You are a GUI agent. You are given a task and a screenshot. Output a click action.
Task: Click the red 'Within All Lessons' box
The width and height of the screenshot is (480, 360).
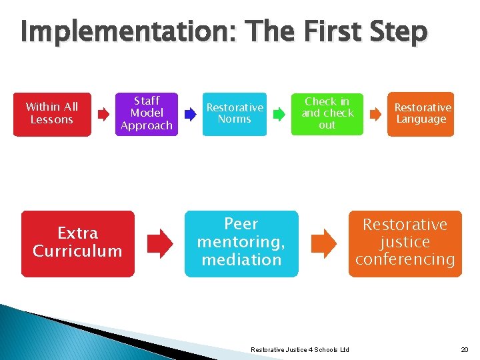52,114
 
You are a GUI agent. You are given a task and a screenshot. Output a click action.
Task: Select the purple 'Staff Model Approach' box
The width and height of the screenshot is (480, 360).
147,113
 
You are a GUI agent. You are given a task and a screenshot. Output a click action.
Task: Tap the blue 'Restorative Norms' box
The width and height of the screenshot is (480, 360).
234,114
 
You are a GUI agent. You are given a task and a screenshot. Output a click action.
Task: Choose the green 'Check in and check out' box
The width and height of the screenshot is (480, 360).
327,114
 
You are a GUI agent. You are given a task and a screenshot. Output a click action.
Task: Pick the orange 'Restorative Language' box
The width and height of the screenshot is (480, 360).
421,114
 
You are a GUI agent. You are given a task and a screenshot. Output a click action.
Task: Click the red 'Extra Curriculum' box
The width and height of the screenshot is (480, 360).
77,243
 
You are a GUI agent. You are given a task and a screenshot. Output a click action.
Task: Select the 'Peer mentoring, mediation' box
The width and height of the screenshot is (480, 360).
241,243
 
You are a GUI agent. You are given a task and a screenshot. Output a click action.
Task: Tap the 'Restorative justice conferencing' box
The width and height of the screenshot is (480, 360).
405,243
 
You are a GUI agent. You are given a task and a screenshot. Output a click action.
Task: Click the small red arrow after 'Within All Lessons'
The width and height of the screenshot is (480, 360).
103,115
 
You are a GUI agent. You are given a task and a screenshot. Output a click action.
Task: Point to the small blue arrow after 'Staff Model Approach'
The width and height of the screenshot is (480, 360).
190,115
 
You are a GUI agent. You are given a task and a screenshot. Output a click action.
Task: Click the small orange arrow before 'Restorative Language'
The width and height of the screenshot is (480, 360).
375,115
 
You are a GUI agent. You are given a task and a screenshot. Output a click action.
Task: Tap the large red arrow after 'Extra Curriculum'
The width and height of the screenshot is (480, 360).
159,243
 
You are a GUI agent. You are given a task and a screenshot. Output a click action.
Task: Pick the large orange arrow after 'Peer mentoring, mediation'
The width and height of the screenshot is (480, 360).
325,243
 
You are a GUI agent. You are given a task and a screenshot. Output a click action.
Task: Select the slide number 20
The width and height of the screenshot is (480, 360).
464,350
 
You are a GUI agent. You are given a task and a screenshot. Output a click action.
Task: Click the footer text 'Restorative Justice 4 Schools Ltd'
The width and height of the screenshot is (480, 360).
299,350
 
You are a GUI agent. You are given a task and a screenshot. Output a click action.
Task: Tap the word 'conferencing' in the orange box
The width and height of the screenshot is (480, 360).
405,260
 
